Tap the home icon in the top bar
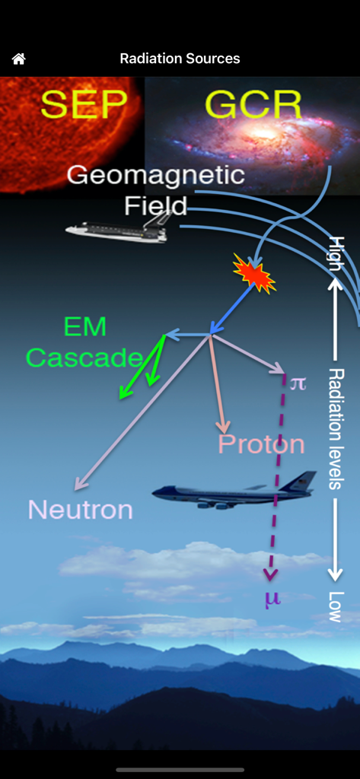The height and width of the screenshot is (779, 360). (x=19, y=59)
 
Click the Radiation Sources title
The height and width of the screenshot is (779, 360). (x=180, y=59)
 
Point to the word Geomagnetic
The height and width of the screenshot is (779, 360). (x=155, y=176)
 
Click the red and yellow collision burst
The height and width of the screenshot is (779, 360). (x=253, y=274)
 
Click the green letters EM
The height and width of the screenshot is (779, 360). (x=84, y=328)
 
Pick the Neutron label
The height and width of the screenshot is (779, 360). (x=80, y=509)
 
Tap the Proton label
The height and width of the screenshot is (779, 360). (x=261, y=444)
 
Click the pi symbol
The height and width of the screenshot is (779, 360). (x=298, y=383)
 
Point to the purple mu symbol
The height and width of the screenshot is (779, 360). (x=272, y=598)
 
